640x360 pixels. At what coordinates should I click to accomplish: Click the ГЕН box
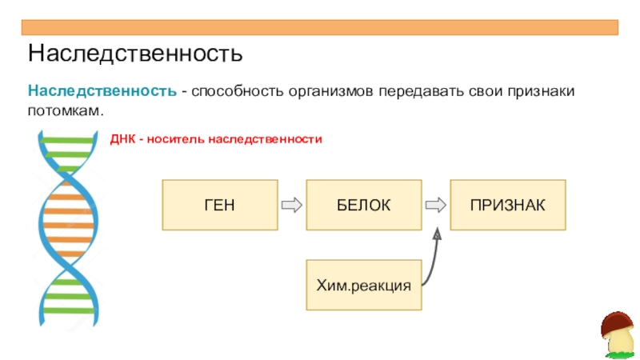coord(220,205)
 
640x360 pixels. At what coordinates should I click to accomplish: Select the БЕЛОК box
coord(364,205)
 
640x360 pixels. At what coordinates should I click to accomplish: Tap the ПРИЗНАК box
coord(508,205)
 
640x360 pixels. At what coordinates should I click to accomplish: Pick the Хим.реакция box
coord(364,285)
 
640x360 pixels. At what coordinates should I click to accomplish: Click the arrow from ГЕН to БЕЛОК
coord(292,205)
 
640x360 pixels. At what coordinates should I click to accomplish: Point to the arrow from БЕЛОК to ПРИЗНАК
coord(436,205)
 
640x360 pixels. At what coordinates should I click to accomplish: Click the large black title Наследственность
coord(135,53)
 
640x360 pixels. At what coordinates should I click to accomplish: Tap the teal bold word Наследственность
coord(102,90)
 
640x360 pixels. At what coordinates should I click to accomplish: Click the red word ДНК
coord(122,139)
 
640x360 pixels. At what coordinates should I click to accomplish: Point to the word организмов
coord(330,91)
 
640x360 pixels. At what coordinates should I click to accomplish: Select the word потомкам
coord(66,110)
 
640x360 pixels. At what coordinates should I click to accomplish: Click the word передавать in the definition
coord(421,90)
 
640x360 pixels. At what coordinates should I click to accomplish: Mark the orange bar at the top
coord(320,27)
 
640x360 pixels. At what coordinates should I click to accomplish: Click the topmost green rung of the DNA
coord(68,141)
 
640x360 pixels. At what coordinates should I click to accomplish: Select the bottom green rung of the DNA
coord(69,311)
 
